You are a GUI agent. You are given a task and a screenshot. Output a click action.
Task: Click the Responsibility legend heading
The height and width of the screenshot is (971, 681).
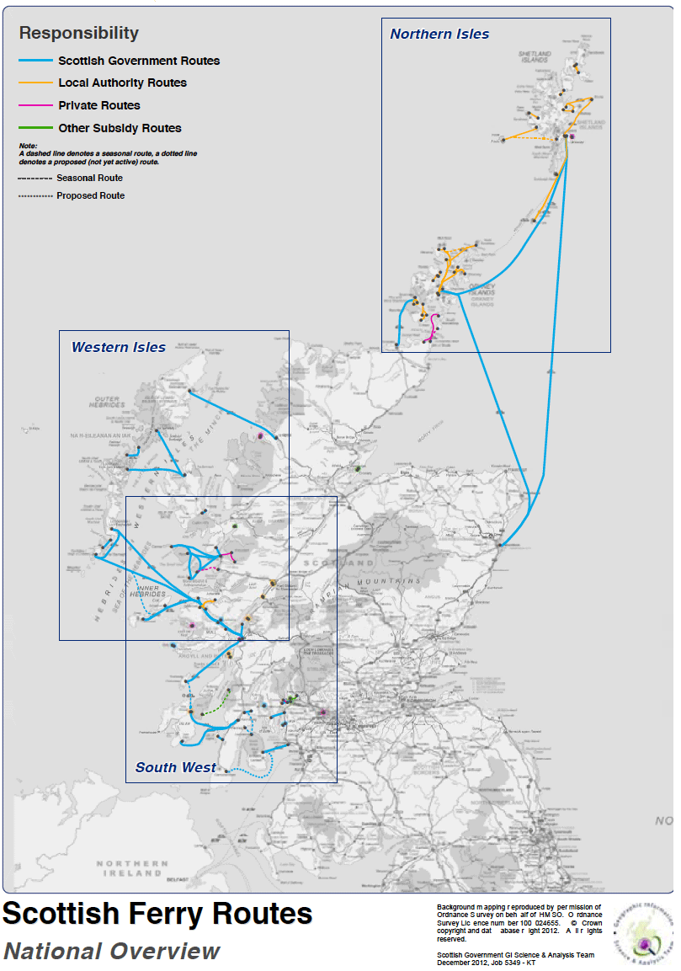[78, 34]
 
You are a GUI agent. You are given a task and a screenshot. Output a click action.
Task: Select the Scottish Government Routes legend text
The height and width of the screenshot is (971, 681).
[139, 61]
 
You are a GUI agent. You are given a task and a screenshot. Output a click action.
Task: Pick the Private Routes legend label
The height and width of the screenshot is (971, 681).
[99, 105]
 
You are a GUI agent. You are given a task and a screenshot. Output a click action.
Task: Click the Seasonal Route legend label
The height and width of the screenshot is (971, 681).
[89, 179]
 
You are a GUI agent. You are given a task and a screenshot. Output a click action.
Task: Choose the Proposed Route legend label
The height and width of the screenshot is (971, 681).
[90, 195]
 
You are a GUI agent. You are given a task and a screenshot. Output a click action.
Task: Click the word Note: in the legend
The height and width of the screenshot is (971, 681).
[28, 146]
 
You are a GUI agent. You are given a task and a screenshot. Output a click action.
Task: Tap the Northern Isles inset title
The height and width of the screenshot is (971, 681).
[439, 35]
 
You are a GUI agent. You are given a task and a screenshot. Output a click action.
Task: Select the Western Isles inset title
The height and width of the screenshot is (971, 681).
[119, 347]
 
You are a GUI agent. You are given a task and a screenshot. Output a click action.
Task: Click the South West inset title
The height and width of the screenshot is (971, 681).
[176, 767]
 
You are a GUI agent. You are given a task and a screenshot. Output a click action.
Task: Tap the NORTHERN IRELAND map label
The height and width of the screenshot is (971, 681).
[132, 868]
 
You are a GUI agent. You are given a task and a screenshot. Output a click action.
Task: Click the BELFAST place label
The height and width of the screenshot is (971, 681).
[178, 878]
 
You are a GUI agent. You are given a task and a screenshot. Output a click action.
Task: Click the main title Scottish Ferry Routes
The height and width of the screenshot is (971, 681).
[157, 914]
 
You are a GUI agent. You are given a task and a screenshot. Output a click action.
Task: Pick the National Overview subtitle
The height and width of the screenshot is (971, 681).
[111, 952]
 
